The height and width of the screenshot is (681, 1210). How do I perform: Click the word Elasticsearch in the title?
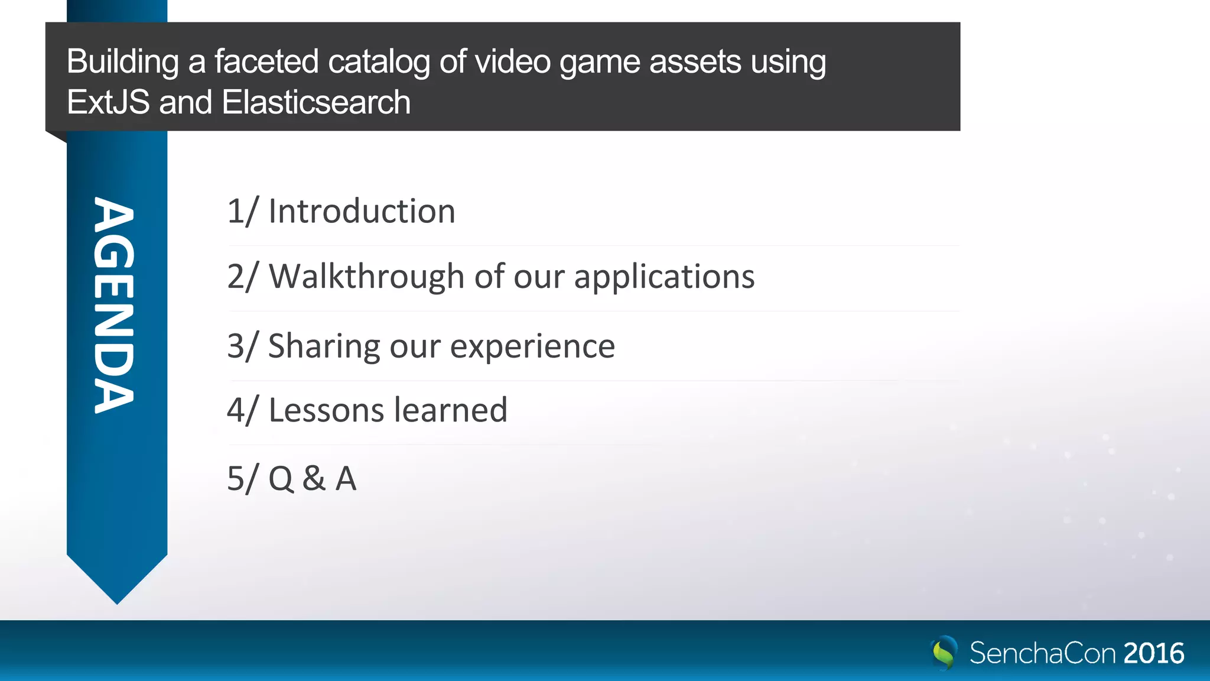(x=316, y=102)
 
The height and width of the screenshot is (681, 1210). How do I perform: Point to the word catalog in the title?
(x=379, y=63)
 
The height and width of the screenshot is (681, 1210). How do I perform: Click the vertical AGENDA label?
(x=115, y=305)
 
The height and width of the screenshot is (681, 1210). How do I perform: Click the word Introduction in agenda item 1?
(x=362, y=212)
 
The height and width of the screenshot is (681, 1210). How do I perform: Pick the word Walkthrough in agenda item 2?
(x=366, y=276)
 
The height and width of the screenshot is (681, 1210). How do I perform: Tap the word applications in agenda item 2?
(x=664, y=277)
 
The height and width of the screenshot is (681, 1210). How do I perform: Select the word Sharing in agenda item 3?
(x=324, y=346)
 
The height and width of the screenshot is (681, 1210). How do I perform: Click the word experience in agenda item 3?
(x=532, y=347)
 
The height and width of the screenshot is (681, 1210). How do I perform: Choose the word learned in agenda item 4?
(x=451, y=410)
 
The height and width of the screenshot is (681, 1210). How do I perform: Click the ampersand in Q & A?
(x=314, y=478)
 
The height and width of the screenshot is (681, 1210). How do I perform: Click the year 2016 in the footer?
(x=1153, y=653)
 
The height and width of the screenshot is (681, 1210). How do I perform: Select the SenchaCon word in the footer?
(x=1042, y=653)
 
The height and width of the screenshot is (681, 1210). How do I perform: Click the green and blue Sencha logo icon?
(x=944, y=653)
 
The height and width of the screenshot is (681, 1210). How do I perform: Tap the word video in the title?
(x=512, y=61)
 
